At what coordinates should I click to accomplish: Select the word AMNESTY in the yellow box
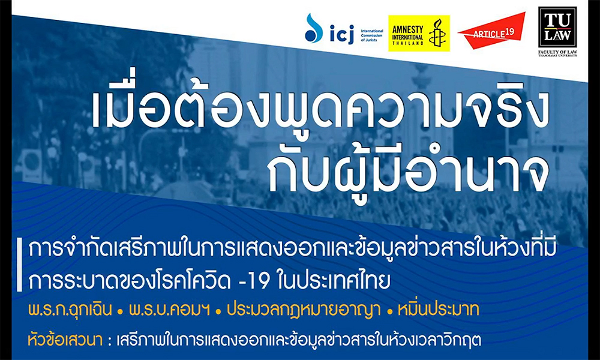pos(408,30)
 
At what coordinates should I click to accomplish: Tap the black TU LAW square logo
pos(557,27)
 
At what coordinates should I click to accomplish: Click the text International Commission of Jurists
pos(371,35)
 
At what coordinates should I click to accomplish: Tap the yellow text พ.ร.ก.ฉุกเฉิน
pos(70,309)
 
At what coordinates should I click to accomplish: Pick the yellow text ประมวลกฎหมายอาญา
pos(304,310)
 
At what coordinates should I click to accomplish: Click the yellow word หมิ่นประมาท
pos(439,309)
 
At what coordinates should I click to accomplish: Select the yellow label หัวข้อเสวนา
pos(65,340)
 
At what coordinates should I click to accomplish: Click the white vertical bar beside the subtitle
pos(19,265)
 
